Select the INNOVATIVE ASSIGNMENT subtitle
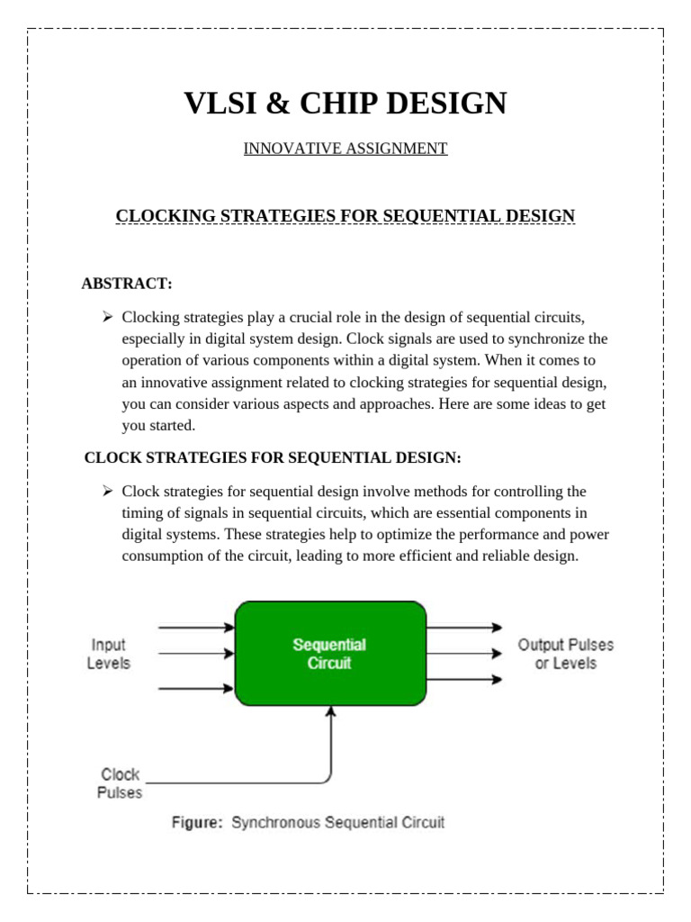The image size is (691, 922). point(345,149)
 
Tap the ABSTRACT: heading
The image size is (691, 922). point(126,284)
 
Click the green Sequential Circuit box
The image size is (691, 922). point(330,654)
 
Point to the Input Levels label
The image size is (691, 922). point(108,654)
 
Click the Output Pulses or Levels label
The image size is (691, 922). point(565,654)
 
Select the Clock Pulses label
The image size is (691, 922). point(120,783)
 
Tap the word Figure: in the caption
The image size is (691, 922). point(198,822)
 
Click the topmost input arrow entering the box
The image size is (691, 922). point(196,627)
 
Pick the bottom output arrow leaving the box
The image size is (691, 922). point(464,680)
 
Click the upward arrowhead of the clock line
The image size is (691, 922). point(331,711)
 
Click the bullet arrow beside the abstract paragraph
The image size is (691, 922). point(107,317)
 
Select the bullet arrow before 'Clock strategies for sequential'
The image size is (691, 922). point(107,492)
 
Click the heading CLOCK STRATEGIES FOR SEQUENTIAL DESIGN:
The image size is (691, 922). point(273,458)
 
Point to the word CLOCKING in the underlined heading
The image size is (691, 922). point(162,216)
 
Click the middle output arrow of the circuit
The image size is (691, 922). point(464,653)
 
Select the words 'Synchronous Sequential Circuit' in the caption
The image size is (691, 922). point(338,822)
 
